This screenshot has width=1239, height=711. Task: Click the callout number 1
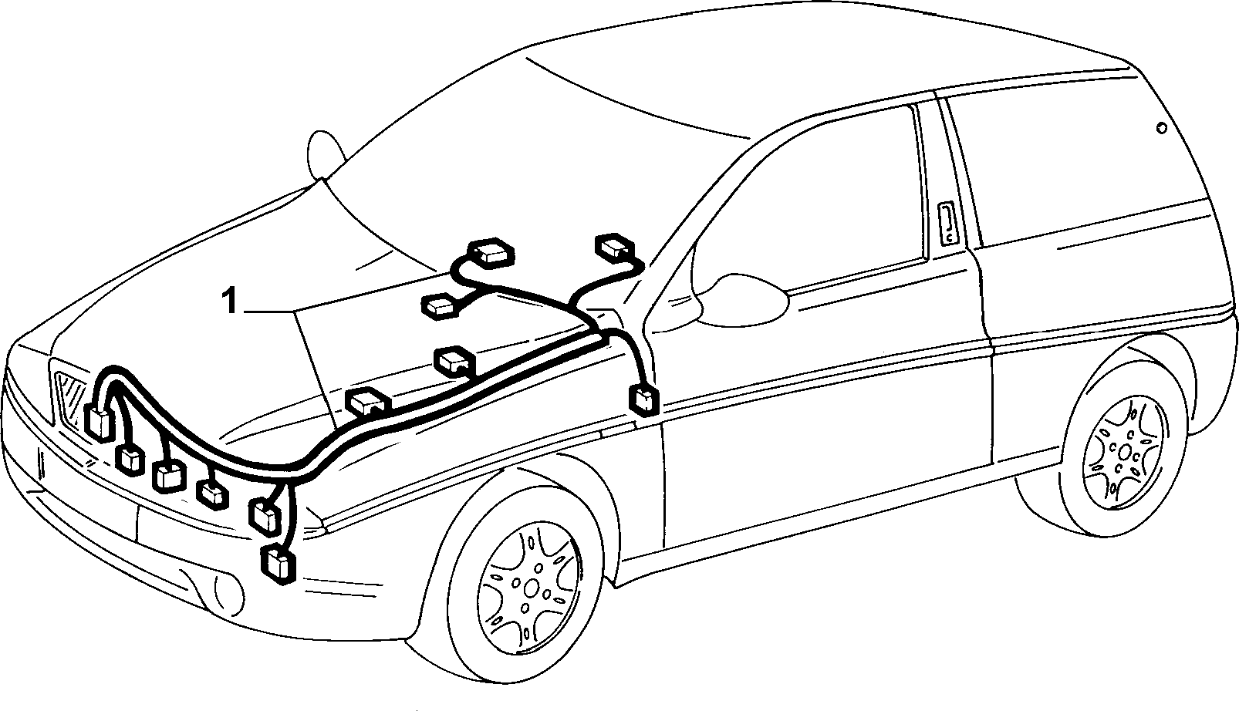pos(230,302)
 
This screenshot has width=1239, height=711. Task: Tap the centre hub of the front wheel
pos(531,588)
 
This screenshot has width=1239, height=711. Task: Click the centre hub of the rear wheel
pos(1124,452)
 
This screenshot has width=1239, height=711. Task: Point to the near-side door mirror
pos(741,302)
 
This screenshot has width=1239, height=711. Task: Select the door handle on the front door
pos(948,224)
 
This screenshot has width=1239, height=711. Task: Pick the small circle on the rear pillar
pos(1162,128)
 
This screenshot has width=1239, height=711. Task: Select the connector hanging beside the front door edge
pos(644,399)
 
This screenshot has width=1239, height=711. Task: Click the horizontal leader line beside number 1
pos(268,312)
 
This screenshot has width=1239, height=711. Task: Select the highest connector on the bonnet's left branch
pos(490,253)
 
